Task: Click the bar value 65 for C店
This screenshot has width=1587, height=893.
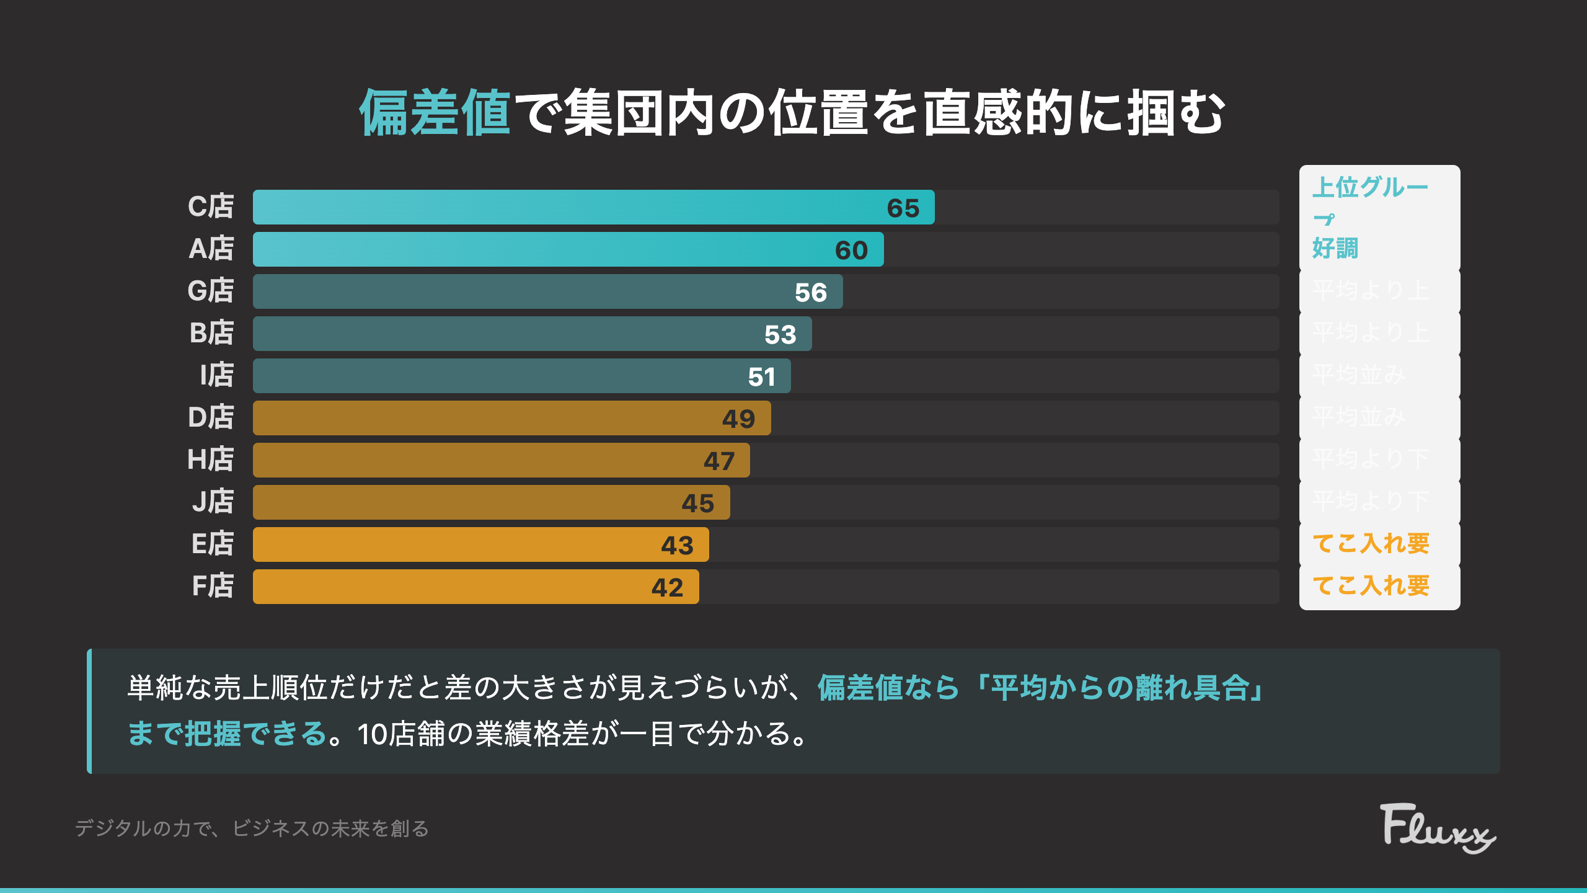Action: (x=903, y=208)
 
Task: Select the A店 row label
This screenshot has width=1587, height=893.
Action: (x=211, y=249)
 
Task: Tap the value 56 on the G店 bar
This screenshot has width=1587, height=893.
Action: (x=811, y=293)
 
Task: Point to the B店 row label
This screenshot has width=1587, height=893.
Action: (x=211, y=334)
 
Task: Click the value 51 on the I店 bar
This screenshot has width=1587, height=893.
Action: (x=761, y=377)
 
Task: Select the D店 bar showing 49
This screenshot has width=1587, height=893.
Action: (x=511, y=418)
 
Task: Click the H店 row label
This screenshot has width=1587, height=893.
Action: (x=211, y=460)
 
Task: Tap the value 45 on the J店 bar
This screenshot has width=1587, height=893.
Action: (x=698, y=504)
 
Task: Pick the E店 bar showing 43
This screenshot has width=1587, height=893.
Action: (x=480, y=544)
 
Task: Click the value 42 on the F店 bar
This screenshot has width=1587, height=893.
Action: (x=667, y=588)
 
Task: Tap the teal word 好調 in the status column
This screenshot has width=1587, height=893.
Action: (x=1335, y=249)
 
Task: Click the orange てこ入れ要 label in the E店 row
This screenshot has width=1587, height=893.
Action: (x=1371, y=544)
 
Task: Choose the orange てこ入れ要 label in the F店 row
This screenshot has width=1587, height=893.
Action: (x=1371, y=586)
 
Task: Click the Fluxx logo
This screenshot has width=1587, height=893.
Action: (x=1437, y=829)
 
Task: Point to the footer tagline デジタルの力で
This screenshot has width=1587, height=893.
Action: (x=143, y=829)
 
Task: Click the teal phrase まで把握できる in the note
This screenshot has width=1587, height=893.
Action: (x=227, y=734)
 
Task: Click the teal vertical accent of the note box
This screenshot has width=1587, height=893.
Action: (x=90, y=711)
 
